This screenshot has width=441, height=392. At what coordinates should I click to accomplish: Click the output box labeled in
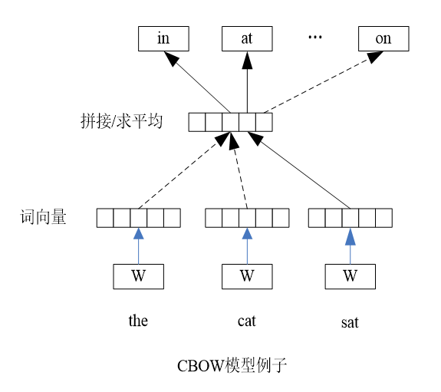click(x=163, y=38)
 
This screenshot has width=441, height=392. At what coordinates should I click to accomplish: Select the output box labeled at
click(x=247, y=38)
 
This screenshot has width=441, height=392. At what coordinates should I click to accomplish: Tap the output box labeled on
click(x=383, y=38)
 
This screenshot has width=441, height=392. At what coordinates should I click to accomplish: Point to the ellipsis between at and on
click(x=314, y=37)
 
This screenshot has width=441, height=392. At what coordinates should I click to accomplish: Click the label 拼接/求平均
click(x=122, y=121)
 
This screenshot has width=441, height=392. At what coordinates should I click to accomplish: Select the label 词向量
click(x=44, y=218)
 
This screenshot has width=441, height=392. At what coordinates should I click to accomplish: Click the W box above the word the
click(x=138, y=276)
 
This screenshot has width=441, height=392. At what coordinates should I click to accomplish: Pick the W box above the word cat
click(x=247, y=276)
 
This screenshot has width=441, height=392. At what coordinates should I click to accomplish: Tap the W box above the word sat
click(x=350, y=276)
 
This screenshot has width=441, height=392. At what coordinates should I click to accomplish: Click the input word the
click(x=138, y=321)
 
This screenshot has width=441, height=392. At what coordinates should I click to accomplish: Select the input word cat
click(x=247, y=321)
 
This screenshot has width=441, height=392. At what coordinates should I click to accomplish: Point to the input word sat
click(x=350, y=322)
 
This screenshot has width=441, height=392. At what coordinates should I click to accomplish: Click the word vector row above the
click(x=138, y=218)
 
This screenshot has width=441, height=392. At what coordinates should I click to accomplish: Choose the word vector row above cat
click(x=247, y=218)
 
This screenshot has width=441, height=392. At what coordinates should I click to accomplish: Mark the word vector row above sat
click(x=350, y=218)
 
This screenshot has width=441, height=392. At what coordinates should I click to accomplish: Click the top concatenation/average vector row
click(x=230, y=121)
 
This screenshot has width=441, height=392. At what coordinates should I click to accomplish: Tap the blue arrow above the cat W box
click(x=247, y=245)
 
